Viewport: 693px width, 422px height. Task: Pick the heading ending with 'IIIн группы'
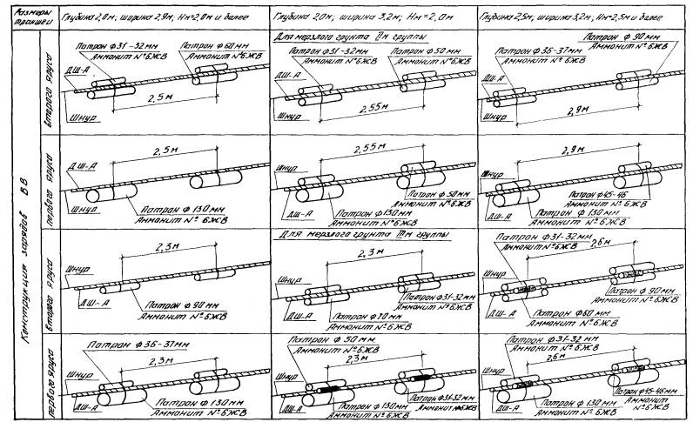tap(340, 235)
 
